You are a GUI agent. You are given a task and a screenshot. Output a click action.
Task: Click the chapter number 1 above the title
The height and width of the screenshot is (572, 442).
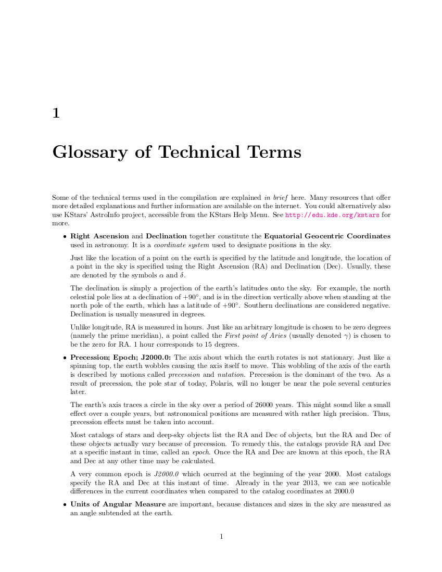tap(56, 113)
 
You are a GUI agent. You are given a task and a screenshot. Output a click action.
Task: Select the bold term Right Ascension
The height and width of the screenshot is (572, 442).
tap(99, 236)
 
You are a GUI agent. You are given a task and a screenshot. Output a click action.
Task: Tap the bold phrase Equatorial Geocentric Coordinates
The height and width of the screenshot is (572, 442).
tap(327, 236)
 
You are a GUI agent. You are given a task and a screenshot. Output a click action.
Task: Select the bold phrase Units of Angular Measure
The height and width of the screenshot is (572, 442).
tap(118, 504)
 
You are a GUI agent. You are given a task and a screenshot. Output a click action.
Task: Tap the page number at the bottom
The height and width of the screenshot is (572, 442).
tap(221, 537)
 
